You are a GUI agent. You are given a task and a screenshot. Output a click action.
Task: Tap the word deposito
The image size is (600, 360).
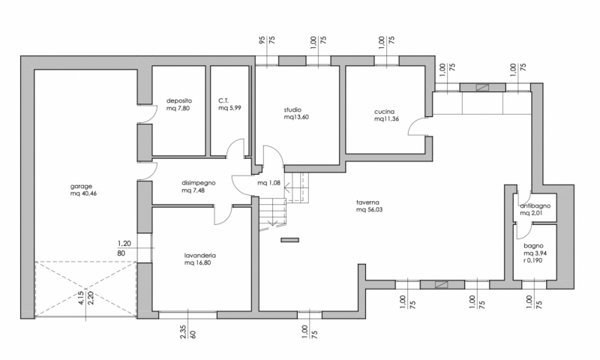(x=179, y=100)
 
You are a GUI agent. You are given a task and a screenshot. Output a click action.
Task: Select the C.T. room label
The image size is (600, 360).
(x=223, y=100)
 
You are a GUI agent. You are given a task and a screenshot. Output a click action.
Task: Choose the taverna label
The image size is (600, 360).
(x=367, y=202)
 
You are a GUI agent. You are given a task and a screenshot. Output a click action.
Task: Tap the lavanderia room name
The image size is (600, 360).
(x=199, y=256)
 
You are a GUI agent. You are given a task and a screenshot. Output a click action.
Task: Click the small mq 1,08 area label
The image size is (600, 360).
(x=270, y=182)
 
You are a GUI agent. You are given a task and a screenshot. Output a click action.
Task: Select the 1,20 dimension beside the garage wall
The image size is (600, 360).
(x=124, y=244)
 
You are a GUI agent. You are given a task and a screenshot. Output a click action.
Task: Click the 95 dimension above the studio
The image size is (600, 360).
(x=262, y=41)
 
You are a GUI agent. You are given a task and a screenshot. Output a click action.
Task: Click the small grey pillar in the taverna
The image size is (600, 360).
(x=289, y=240)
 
